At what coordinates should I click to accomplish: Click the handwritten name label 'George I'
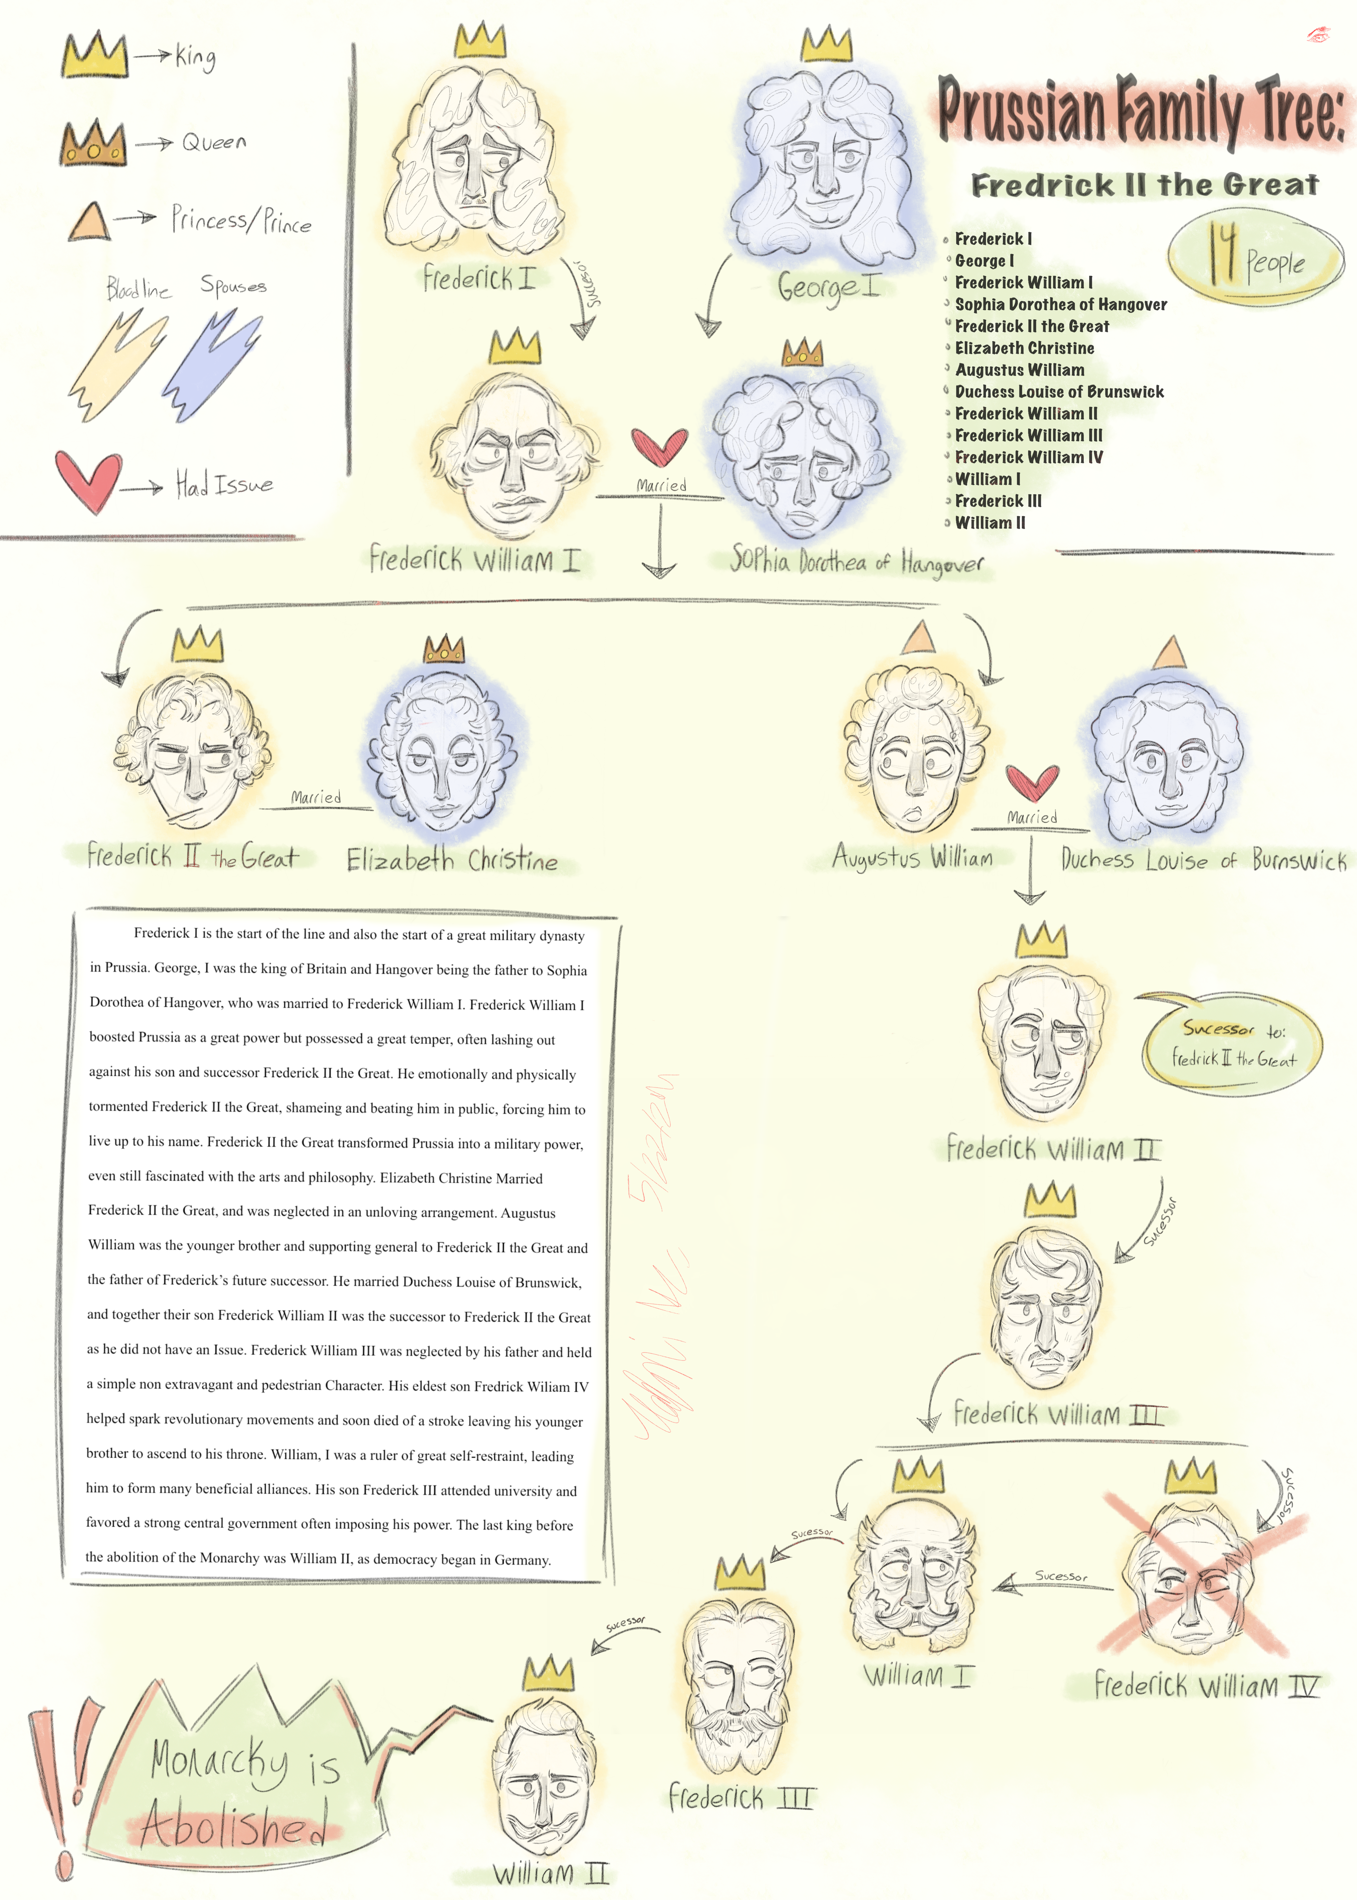[827, 287]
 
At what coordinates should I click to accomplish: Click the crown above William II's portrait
[548, 1674]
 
